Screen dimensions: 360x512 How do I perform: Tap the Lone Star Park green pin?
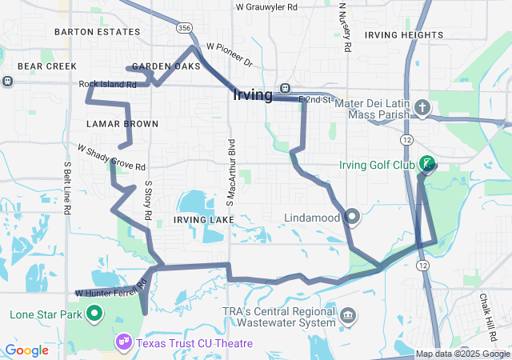[94, 314]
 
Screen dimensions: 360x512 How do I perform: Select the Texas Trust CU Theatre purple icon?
[123, 342]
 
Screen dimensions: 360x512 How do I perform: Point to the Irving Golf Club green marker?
[427, 164]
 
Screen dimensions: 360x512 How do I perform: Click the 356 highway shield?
[185, 28]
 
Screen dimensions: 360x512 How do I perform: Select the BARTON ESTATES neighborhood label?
[97, 32]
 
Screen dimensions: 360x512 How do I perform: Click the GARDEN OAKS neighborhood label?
[166, 66]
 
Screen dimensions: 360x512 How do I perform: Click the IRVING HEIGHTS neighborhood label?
[403, 35]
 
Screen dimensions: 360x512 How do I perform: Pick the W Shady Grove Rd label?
[111, 158]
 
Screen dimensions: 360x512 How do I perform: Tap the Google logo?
[26, 350]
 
